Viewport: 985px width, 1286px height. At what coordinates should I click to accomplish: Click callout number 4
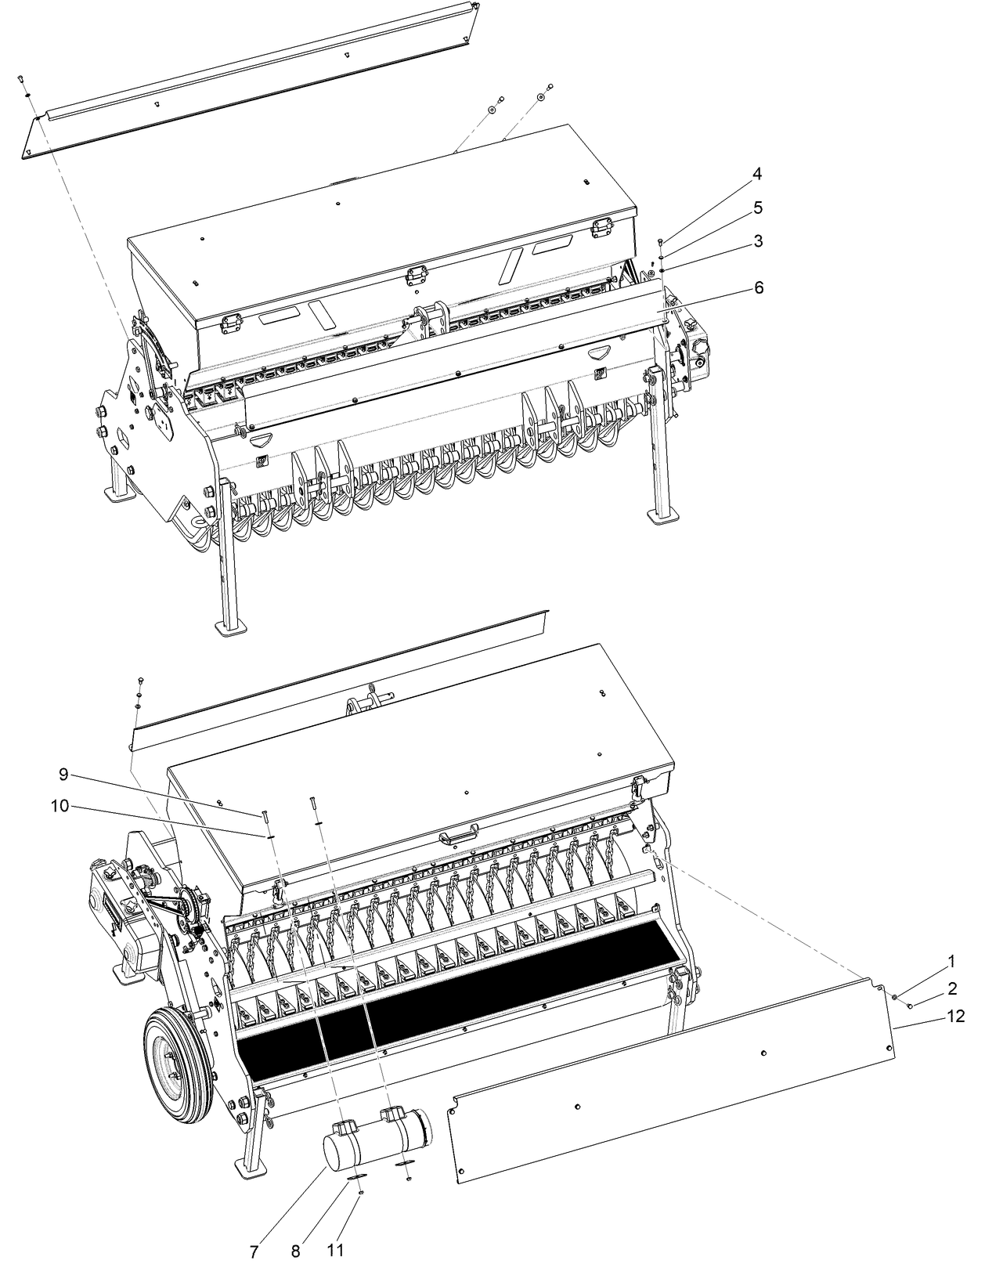[x=757, y=174]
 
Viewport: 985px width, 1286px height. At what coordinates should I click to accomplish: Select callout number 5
[x=757, y=208]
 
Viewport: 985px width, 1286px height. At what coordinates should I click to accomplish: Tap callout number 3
[x=757, y=241]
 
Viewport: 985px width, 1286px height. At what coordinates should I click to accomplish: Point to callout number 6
[x=757, y=288]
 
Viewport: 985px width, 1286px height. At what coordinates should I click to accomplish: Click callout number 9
[x=63, y=775]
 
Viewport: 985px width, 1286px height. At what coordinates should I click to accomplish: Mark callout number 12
[x=957, y=1016]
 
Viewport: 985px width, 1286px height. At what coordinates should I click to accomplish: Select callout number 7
[x=254, y=1252]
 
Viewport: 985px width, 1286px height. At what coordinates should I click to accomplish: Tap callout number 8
[x=296, y=1252]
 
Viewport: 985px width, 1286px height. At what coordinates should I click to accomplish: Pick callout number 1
[x=951, y=960]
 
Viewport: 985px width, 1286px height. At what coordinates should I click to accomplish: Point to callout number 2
[x=951, y=988]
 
